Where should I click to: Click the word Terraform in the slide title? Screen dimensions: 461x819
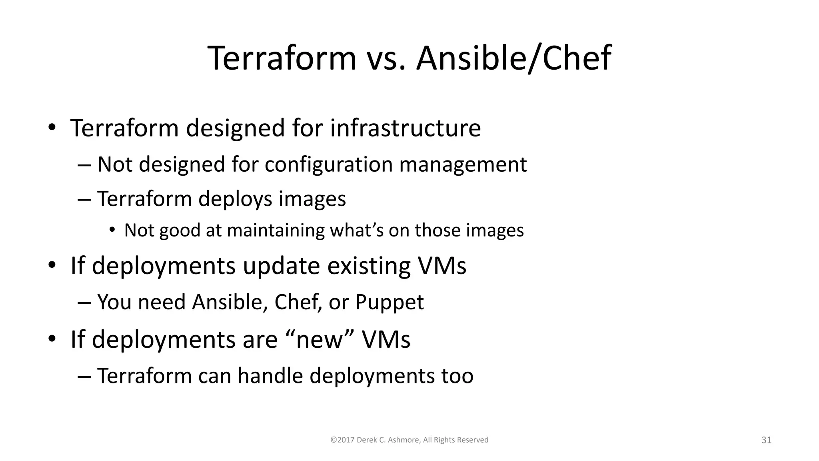coord(282,58)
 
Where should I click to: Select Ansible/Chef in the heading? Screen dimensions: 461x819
coord(513,58)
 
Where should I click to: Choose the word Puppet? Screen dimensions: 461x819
coord(389,302)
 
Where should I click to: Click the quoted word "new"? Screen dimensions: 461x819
coord(321,339)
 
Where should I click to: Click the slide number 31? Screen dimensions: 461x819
coord(766,440)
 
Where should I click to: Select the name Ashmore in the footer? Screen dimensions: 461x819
coord(404,440)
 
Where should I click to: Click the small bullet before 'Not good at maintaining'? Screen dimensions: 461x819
coord(112,230)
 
